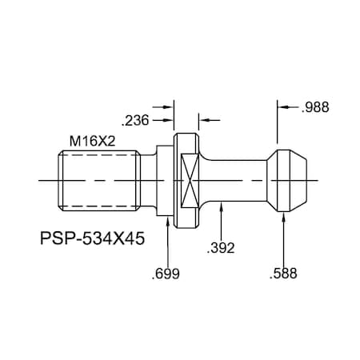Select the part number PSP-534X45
point(92,238)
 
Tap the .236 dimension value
point(134,121)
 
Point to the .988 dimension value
point(315,106)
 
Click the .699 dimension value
point(166,274)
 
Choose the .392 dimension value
point(220,248)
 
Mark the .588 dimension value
point(283,274)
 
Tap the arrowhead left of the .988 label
point(283,106)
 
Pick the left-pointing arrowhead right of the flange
point(202,121)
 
